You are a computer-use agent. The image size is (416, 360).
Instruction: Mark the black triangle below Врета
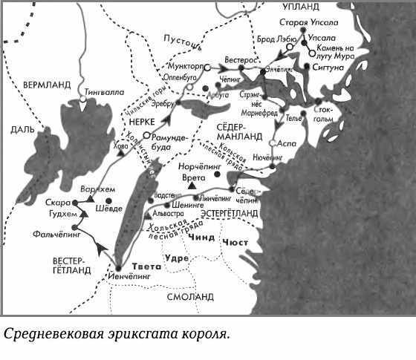[x=192, y=189]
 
